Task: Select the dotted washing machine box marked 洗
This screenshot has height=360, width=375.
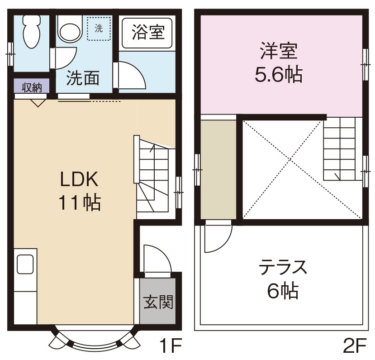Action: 99,29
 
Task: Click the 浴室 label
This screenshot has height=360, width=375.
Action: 147,32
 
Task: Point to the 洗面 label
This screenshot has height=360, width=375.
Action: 83,78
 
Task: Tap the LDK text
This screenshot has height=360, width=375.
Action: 80,180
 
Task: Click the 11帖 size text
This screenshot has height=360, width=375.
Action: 79,202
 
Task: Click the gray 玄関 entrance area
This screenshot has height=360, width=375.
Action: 158,302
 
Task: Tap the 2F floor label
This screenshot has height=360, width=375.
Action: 354,347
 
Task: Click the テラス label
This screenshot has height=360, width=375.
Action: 283,268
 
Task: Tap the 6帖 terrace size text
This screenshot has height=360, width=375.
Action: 283,291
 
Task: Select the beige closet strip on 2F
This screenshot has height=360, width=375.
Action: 218,170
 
